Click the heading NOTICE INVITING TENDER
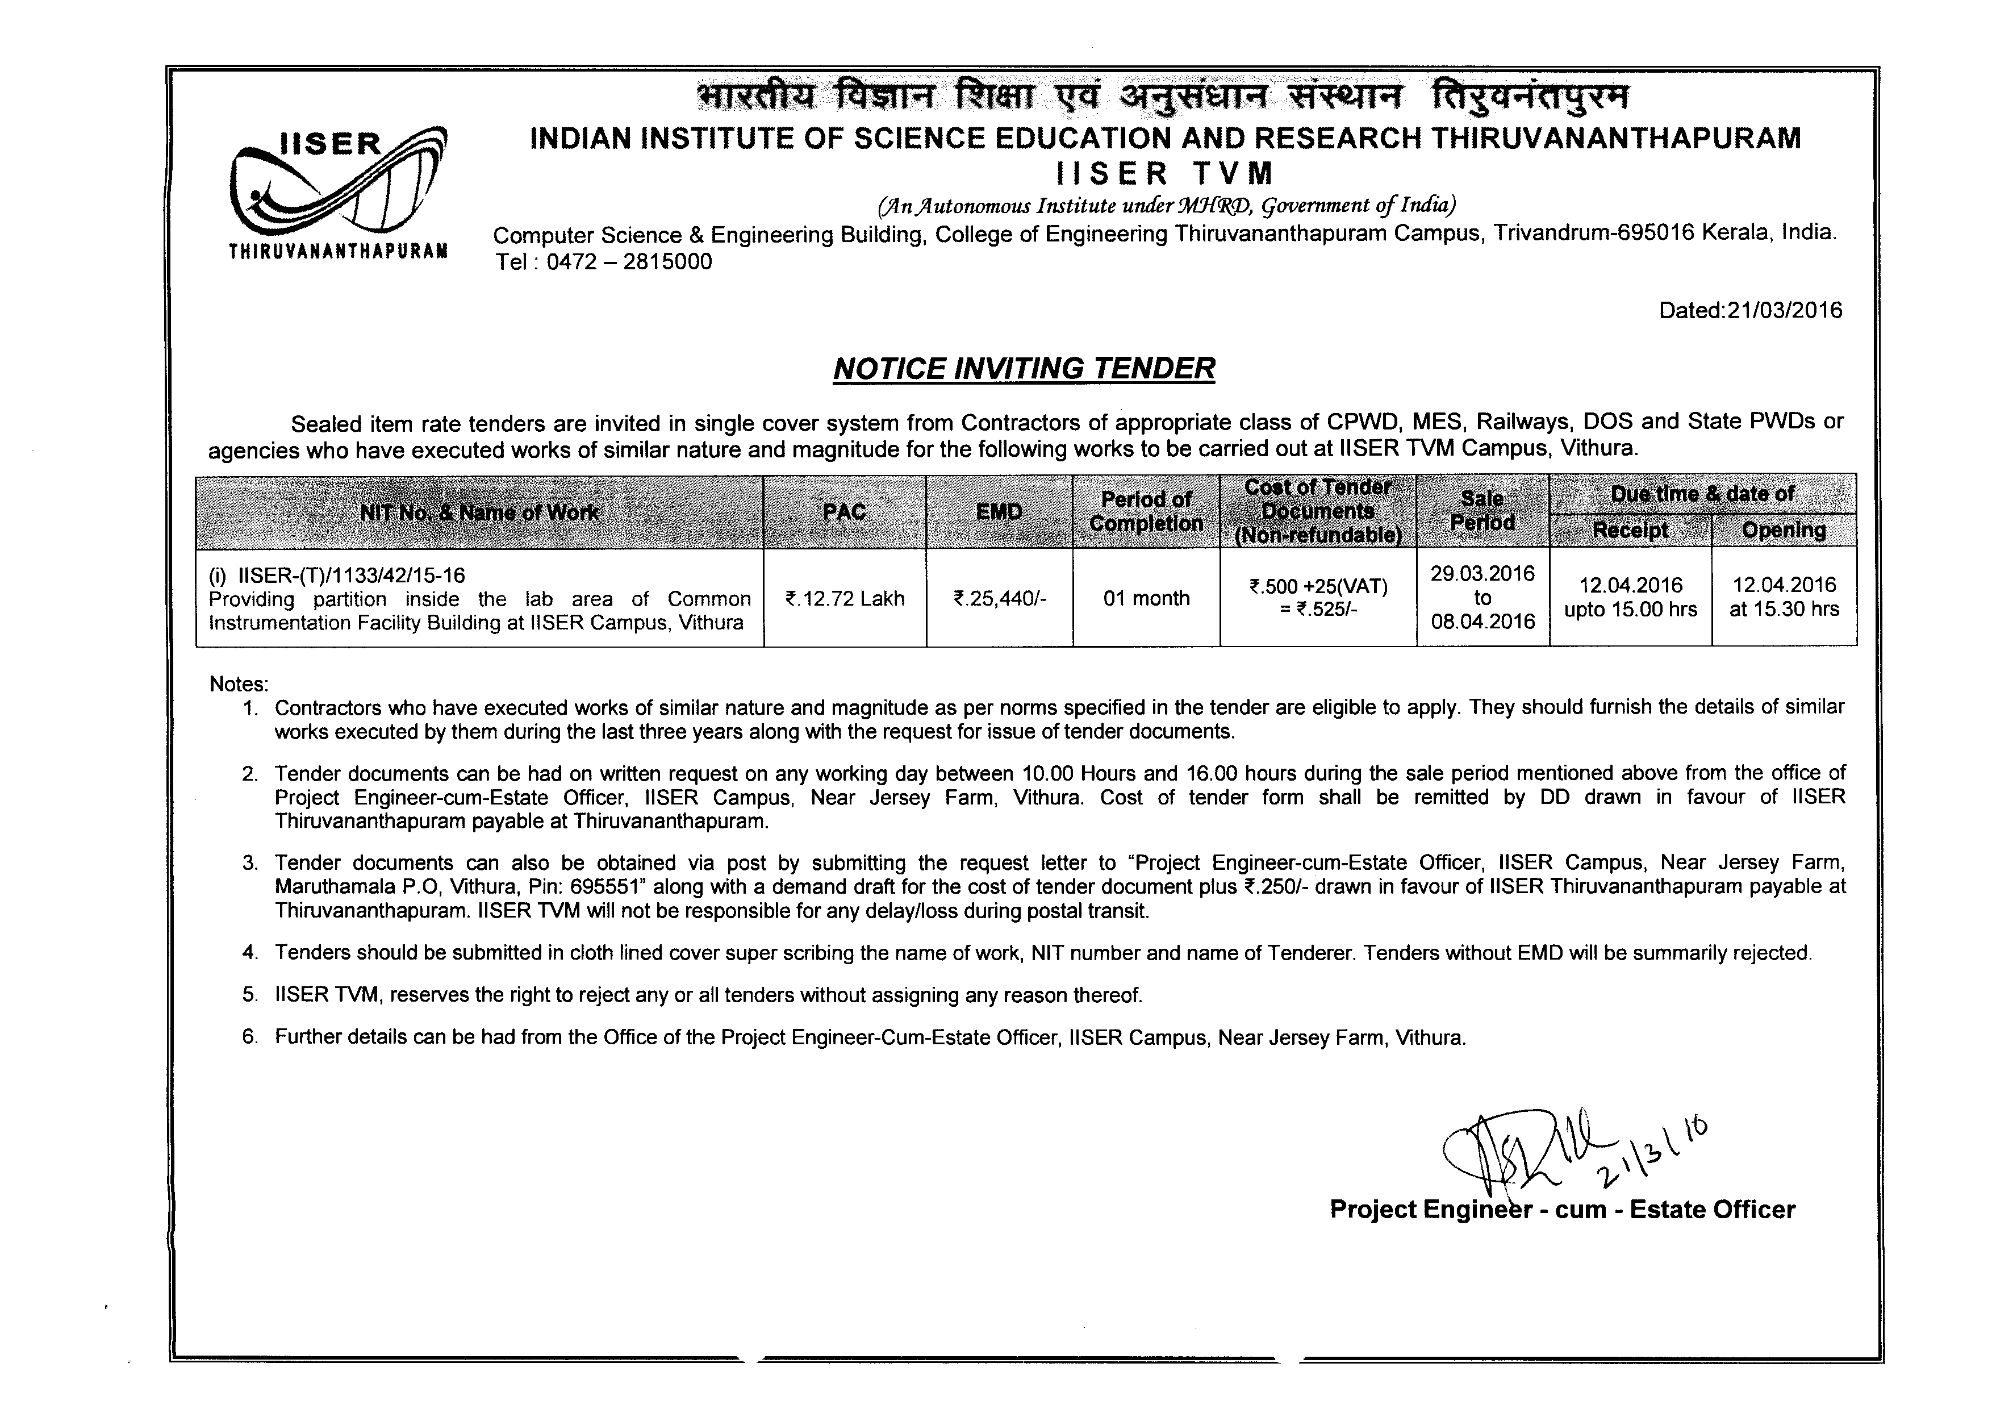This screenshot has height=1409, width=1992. point(1024,369)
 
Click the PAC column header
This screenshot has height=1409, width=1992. point(844,512)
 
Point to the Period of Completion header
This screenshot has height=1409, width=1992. point(1146,512)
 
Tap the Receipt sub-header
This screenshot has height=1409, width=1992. point(1630,530)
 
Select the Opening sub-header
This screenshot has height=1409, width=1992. point(1784,530)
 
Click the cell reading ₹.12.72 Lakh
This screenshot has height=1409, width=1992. point(844,599)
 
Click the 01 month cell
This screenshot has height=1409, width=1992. point(1146,599)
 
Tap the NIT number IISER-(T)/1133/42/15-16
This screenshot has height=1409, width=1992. point(352,575)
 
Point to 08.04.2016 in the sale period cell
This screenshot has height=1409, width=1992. point(1482,622)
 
